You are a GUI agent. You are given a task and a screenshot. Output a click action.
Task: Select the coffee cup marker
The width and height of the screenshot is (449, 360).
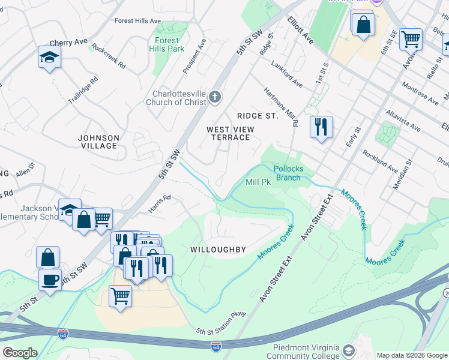point(50,279)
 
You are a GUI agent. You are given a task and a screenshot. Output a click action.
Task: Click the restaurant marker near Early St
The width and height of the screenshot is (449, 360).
point(321,127)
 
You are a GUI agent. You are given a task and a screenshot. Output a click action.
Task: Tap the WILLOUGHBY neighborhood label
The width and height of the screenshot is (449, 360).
point(218,249)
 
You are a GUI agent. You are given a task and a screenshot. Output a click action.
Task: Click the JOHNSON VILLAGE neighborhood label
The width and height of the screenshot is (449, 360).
point(98,142)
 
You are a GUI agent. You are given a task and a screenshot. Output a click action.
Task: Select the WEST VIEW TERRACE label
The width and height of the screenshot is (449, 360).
point(231,133)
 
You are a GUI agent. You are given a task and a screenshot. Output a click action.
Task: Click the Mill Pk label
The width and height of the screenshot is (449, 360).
point(259,182)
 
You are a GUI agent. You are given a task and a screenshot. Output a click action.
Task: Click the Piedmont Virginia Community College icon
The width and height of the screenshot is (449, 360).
point(348,350)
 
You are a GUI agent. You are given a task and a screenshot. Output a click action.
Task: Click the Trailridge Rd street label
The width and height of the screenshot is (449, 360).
point(82,90)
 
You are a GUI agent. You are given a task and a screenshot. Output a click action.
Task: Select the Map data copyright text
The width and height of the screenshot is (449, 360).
point(411,355)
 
